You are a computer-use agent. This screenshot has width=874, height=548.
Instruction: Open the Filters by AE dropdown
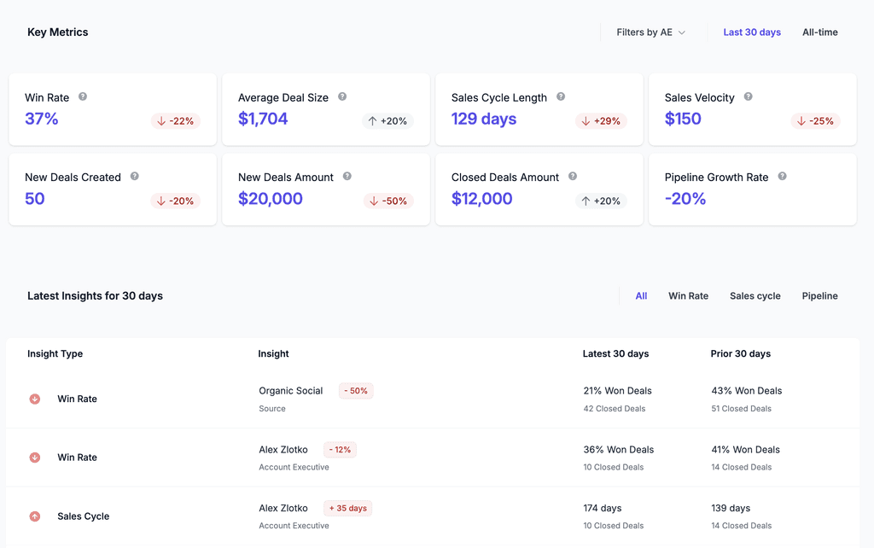650,32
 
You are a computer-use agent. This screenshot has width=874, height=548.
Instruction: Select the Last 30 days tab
752,32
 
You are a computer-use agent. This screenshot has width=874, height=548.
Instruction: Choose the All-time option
819,32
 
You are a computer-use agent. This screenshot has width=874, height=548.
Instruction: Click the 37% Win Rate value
42,119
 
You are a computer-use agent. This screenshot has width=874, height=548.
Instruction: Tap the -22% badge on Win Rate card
175,121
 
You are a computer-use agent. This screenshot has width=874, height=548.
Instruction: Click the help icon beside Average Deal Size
342,97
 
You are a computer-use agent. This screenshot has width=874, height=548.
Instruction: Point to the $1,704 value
263,119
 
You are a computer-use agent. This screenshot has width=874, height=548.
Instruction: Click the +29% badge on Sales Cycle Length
601,121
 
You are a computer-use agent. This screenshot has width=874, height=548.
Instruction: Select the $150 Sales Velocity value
683,119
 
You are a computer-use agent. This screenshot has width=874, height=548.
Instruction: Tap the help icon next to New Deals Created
135,177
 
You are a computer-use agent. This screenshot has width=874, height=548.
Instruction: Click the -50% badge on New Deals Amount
388,201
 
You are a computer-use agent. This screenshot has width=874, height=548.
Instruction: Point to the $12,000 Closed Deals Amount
481,199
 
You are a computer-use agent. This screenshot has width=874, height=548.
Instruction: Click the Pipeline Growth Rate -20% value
685,199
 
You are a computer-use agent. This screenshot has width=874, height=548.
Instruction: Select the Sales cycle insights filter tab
755,296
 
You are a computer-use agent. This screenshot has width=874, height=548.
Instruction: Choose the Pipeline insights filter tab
819,296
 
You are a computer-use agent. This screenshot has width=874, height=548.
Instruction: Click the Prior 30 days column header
740,353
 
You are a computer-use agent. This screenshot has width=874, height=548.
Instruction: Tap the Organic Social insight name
291,391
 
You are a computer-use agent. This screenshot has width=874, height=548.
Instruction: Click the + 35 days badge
347,508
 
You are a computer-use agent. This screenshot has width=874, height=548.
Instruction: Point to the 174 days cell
602,508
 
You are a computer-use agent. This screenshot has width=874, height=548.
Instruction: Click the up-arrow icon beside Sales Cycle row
35,516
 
